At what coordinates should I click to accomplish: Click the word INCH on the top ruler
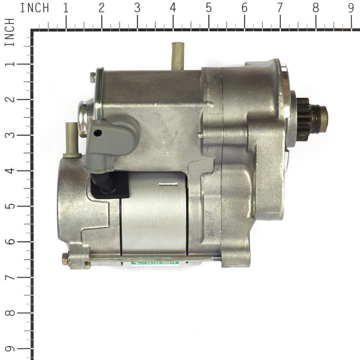tap(35, 8)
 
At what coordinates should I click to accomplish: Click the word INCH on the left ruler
tap(10, 32)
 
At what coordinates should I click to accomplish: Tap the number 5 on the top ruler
tap(208, 8)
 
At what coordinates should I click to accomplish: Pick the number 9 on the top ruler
tap(351, 8)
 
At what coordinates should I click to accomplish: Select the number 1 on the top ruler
tap(66, 8)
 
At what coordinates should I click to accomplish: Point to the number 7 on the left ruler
tap(10, 277)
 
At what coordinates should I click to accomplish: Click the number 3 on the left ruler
tap(10, 135)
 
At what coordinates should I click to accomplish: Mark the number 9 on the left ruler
tap(10, 349)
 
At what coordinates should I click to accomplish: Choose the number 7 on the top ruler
tap(280, 8)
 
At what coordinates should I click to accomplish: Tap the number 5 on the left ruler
tap(10, 206)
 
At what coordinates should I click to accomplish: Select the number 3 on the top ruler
tap(137, 8)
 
